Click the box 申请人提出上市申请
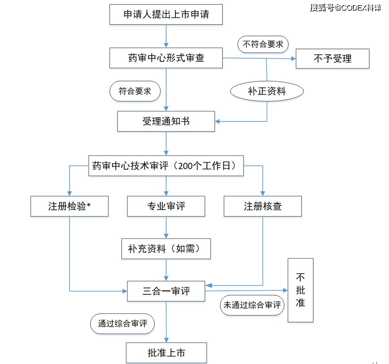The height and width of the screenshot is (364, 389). [166, 15]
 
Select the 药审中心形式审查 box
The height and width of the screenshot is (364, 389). [166, 58]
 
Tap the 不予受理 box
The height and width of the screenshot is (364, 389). [332, 58]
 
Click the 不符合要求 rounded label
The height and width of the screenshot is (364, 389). [263, 44]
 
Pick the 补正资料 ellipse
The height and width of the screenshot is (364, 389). [267, 91]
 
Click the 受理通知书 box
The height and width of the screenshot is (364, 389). [166, 121]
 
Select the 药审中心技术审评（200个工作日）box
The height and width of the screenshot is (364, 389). [166, 166]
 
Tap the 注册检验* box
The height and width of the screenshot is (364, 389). [69, 206]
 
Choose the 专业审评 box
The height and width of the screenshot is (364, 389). [166, 206]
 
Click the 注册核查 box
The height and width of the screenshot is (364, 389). [263, 206]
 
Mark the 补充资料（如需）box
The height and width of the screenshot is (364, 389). [166, 249]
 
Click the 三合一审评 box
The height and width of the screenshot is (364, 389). [166, 291]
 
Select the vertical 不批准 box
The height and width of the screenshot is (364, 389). [300, 290]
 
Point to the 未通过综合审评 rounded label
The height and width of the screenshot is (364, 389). [252, 305]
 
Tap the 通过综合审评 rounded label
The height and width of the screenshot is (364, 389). [122, 323]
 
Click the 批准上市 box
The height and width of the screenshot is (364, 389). [166, 353]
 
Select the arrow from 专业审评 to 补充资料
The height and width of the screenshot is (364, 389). [166, 227]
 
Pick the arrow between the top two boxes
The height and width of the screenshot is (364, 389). [166, 36]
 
